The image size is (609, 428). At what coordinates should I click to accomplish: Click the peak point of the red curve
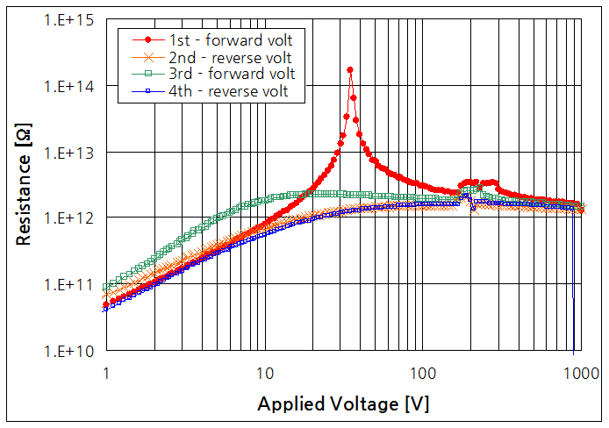point(350,69)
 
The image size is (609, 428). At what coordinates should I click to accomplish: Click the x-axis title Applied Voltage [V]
point(343,404)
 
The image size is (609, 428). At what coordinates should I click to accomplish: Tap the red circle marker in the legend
point(147,39)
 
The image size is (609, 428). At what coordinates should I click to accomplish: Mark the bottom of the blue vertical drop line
point(573,297)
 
